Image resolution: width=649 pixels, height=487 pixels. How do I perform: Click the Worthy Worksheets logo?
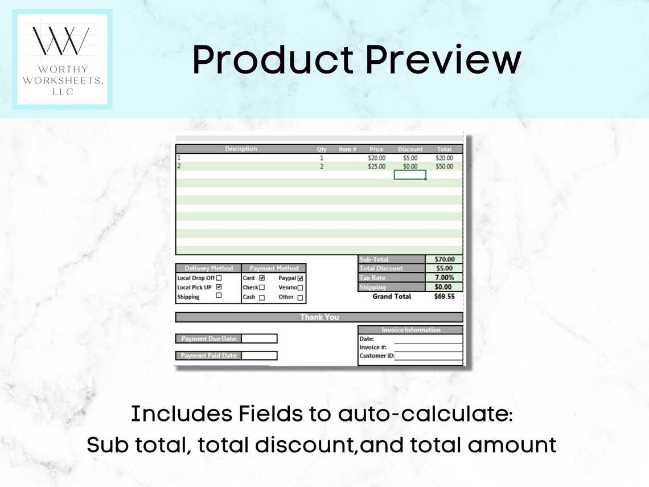point(63,59)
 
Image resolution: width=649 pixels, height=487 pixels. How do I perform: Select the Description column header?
point(241,149)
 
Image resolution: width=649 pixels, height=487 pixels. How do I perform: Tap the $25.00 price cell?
point(376,166)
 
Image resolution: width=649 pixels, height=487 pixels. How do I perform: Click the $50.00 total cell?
point(444,166)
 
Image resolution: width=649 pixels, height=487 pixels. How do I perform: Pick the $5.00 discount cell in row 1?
point(410,158)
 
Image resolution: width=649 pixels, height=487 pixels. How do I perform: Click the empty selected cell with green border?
point(410,175)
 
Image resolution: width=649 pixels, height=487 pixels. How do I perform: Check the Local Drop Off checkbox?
point(219,278)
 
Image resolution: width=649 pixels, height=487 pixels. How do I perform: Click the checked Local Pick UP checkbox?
point(219,287)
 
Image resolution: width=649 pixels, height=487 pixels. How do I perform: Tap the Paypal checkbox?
point(300,279)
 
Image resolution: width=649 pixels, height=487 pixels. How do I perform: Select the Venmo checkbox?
point(300,288)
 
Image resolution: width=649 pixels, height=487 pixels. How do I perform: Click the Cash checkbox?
point(262,297)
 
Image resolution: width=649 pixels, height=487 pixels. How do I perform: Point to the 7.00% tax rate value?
point(443,277)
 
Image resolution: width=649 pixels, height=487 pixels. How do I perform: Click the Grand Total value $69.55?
point(444,297)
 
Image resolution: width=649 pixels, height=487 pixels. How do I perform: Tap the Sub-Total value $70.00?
point(443,259)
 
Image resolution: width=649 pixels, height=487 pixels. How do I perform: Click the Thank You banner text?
point(319,317)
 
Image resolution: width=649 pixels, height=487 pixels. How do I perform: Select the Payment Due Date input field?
point(259,338)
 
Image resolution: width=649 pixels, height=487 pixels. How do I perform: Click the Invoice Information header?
point(410,330)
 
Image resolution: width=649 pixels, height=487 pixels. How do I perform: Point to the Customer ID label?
point(376,357)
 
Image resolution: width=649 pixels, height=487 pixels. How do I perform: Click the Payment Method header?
point(274,268)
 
